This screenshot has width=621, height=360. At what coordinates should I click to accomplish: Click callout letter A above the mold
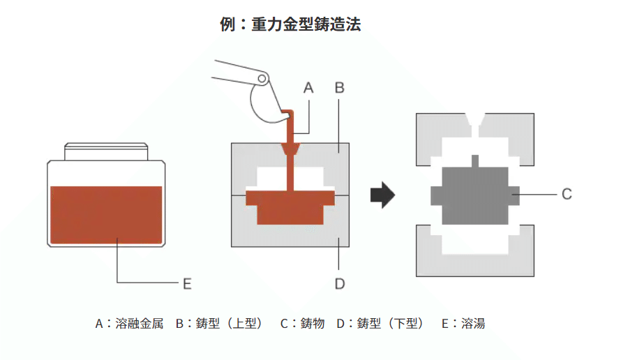click(x=309, y=88)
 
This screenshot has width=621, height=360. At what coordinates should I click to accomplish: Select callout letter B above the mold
click(x=339, y=88)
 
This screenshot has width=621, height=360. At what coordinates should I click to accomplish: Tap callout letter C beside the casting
click(x=567, y=194)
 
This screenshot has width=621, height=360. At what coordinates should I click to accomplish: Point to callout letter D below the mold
click(x=339, y=283)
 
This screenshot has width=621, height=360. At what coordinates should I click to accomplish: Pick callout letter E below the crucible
click(x=186, y=283)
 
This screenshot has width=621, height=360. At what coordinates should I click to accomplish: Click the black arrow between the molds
click(x=382, y=194)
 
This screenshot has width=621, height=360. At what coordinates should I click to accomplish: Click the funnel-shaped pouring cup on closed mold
click(x=289, y=150)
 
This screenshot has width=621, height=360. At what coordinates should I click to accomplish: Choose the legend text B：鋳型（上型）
click(x=220, y=323)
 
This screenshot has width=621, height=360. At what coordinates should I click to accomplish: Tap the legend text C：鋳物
click(x=302, y=323)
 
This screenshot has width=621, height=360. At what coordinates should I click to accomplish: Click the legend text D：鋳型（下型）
click(x=381, y=323)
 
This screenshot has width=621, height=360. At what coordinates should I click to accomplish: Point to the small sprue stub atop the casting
click(x=474, y=160)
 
